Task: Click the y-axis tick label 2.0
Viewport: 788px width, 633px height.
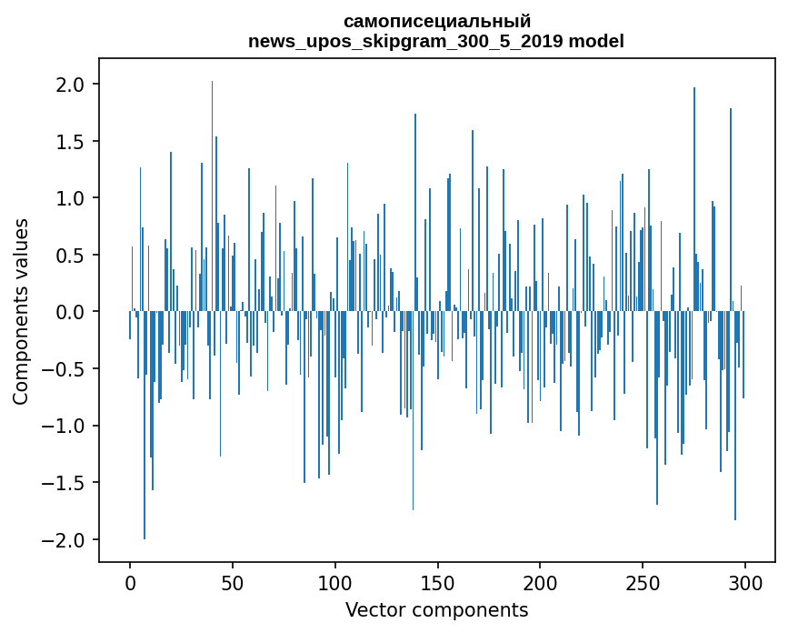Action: (x=70, y=84)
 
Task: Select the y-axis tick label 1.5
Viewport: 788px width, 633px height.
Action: (x=70, y=141)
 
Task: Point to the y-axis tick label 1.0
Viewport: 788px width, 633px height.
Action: (x=70, y=198)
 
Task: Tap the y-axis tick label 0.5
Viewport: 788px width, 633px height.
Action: (x=70, y=255)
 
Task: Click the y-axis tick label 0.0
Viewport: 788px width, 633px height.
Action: (x=70, y=312)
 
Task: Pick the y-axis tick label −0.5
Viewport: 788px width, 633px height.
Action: (x=63, y=369)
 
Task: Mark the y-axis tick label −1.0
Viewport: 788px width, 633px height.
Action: (x=63, y=426)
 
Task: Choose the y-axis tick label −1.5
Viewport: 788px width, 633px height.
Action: (x=63, y=483)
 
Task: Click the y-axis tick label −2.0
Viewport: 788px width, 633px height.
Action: (x=63, y=540)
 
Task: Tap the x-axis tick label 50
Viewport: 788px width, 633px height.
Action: (x=232, y=584)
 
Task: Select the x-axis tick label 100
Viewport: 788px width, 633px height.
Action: (x=334, y=584)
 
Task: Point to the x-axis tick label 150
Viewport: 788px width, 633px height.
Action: (x=437, y=584)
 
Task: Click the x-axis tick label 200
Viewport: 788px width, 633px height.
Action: (x=540, y=584)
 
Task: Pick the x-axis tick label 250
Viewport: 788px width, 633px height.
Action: (x=643, y=584)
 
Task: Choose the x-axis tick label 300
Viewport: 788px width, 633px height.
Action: (x=744, y=584)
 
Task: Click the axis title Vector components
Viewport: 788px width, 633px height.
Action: (x=436, y=610)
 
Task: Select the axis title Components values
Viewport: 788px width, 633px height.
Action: (x=21, y=311)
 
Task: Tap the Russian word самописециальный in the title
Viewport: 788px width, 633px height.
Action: (x=436, y=22)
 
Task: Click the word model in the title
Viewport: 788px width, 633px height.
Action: (x=596, y=41)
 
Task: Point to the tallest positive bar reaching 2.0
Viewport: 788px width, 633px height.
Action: (x=212, y=196)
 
